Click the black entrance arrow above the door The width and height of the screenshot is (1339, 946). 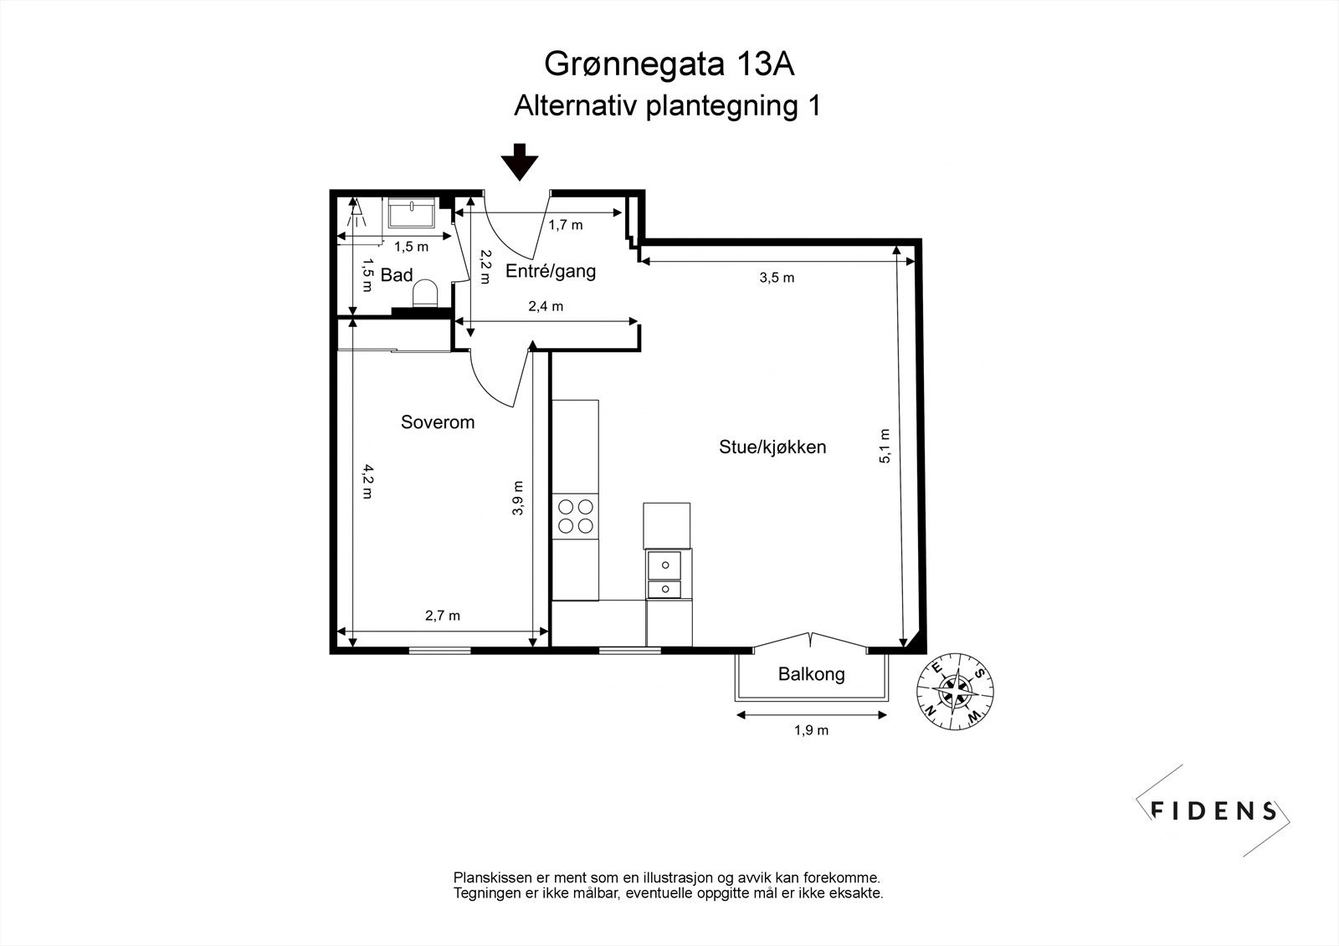coord(520,161)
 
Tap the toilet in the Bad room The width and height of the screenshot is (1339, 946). coord(426,293)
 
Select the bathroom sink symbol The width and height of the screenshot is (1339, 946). coord(411,213)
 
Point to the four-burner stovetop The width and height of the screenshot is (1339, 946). coord(576,515)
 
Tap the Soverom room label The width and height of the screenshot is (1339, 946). coord(438,422)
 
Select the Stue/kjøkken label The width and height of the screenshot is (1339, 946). coord(772,447)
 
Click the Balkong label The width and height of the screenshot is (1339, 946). coord(811,674)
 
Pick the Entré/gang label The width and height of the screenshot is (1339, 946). coord(551,271)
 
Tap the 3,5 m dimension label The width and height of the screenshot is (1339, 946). coord(777,278)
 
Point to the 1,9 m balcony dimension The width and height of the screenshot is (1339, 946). coord(811,730)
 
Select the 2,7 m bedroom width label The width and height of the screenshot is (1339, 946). coord(443,616)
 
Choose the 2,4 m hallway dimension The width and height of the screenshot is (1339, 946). coord(546,306)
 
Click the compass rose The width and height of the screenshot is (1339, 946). coord(955,690)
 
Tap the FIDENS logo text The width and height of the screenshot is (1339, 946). coord(1214,810)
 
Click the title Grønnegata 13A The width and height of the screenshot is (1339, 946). coord(669,64)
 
